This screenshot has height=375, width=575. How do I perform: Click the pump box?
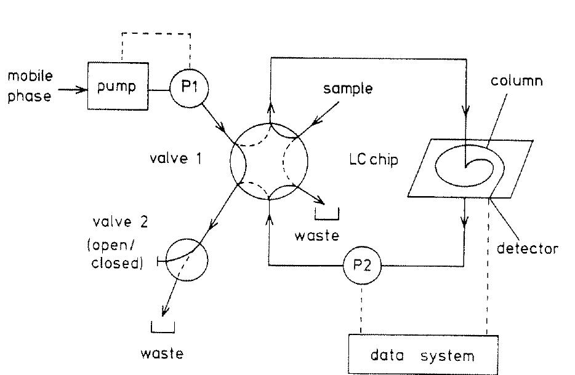(x=118, y=86)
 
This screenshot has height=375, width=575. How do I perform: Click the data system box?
(x=422, y=355)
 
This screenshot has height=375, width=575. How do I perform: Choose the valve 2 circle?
(x=187, y=260)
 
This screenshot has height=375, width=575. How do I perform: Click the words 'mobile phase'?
(x=30, y=86)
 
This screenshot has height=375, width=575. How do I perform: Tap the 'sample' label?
(x=348, y=89)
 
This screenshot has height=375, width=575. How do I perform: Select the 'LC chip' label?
(x=373, y=160)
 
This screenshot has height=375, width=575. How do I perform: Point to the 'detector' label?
(x=527, y=248)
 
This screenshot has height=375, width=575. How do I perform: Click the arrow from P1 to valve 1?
(x=221, y=121)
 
